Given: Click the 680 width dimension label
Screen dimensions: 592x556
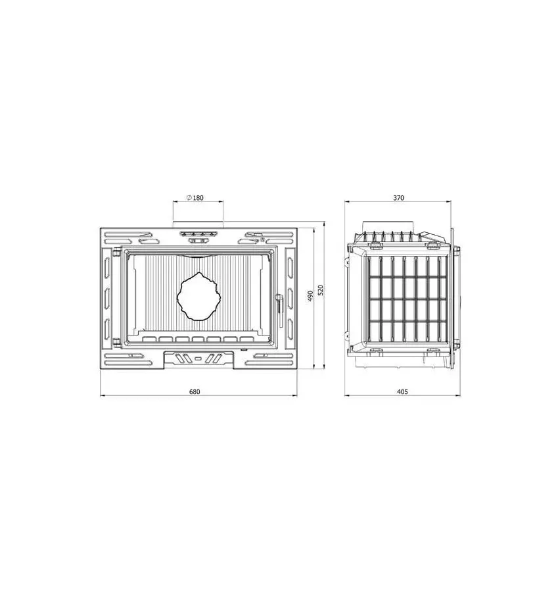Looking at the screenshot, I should click(195, 391).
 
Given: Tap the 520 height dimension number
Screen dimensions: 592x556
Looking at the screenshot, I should click(321, 289).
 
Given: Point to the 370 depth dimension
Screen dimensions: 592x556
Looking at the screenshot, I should click(398, 197).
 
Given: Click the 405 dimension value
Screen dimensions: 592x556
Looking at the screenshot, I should click(402, 391).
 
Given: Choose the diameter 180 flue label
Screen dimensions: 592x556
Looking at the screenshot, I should click(195, 197).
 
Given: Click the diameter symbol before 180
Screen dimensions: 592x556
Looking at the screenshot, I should click(189, 197).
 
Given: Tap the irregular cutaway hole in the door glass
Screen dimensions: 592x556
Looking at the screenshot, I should click(198, 297).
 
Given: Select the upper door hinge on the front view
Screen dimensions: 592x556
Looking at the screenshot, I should click(116, 252).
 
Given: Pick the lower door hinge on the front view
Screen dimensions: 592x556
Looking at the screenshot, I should click(116, 341).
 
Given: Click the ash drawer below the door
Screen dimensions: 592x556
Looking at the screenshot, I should click(198, 358).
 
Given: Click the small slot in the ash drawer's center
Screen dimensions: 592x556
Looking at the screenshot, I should click(198, 359).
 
